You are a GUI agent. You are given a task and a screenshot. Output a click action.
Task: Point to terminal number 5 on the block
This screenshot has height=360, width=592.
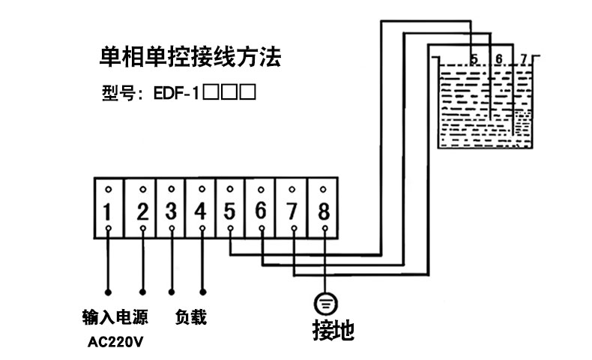(x=230, y=211)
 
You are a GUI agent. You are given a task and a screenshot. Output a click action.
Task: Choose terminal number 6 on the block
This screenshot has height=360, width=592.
(x=261, y=211)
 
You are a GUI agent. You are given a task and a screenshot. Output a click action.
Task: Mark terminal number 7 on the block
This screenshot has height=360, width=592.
(x=292, y=211)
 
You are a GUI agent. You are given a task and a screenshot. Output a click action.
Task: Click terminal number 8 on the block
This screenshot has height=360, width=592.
(x=324, y=211)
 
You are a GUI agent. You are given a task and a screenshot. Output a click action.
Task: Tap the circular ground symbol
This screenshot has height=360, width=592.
(x=324, y=303)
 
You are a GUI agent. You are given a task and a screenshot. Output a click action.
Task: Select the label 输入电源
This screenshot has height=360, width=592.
(x=114, y=317)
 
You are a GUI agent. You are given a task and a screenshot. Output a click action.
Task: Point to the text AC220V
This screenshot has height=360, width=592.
(x=115, y=343)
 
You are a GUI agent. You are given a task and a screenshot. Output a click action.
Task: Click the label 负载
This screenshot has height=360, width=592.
(x=190, y=317)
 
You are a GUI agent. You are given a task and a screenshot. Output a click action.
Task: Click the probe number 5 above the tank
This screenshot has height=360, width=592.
(x=474, y=58)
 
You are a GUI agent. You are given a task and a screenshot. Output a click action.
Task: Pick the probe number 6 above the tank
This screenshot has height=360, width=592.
(x=499, y=58)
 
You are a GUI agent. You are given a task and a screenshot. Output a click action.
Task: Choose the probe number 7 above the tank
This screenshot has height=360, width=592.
(x=524, y=58)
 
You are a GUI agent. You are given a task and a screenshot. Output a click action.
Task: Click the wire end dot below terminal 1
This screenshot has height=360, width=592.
(x=108, y=291)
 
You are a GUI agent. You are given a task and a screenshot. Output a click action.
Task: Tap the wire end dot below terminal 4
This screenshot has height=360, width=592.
(x=202, y=291)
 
